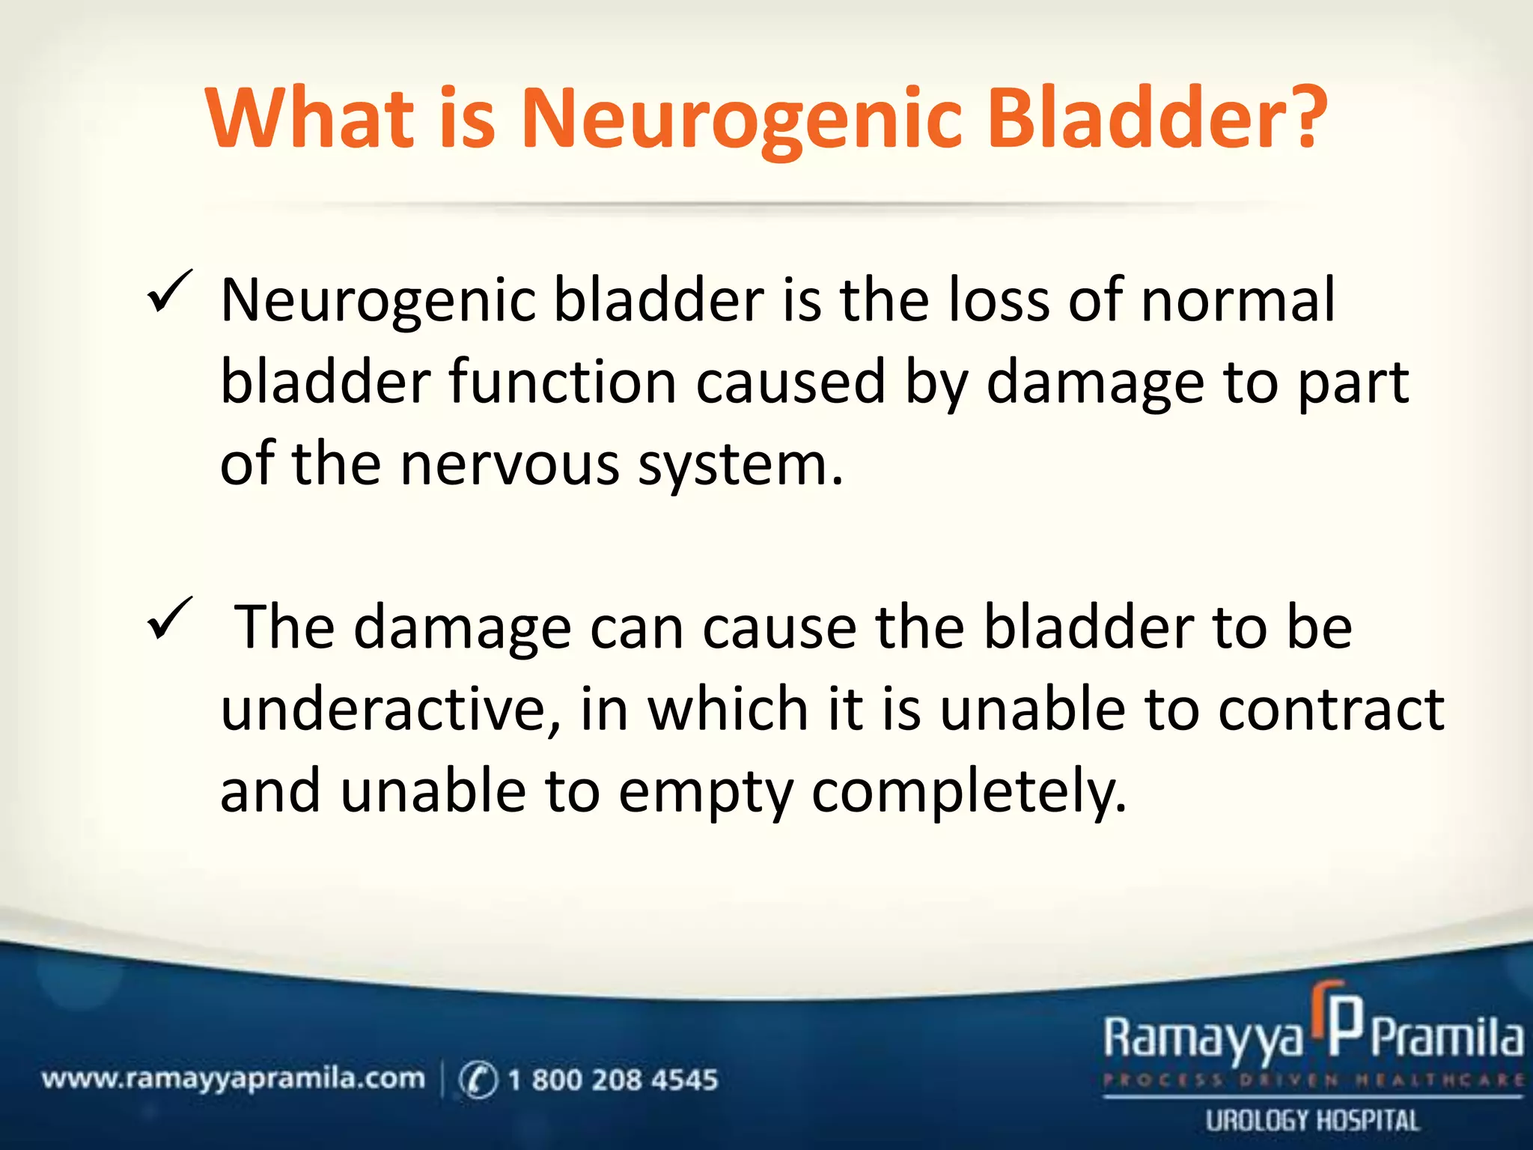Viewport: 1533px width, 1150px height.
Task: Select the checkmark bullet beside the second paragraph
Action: pos(170,619)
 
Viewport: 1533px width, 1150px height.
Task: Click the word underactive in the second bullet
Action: pos(390,709)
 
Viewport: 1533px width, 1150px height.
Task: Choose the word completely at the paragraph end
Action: pos(969,792)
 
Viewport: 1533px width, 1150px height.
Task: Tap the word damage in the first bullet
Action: pos(1095,383)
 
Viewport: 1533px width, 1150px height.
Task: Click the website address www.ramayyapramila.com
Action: pos(233,1079)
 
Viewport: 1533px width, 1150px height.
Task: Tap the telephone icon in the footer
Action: pos(478,1080)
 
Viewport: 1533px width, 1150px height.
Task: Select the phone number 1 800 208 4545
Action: pos(612,1080)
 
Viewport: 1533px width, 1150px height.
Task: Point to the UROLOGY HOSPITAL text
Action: pos(1312,1121)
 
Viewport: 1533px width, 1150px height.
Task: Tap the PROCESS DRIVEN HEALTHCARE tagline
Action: pos(1312,1080)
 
